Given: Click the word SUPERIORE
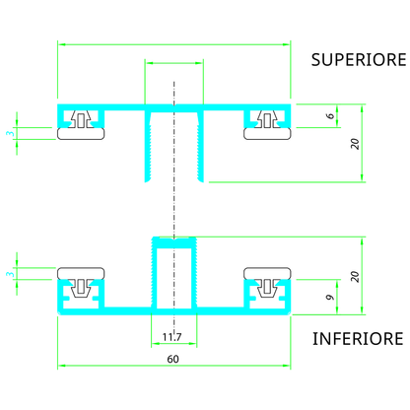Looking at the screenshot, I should click(358, 59).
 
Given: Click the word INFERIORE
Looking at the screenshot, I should click(357, 339).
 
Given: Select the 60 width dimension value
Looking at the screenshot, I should click(172, 360).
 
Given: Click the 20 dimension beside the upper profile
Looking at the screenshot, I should click(355, 142).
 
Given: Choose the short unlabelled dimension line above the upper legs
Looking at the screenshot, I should click(173, 62).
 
